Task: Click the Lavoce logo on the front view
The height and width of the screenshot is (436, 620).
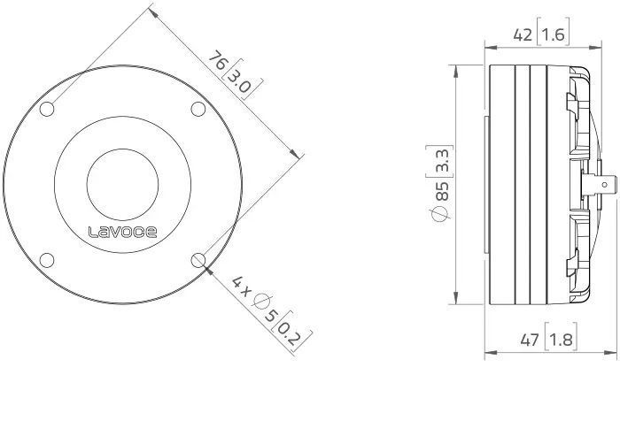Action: pyautogui.click(x=122, y=232)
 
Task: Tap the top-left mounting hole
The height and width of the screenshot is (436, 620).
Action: pyautogui.click(x=47, y=109)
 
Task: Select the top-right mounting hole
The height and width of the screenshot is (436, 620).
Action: pyautogui.click(x=198, y=109)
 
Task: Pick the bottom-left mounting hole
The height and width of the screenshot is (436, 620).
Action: pyautogui.click(x=47, y=260)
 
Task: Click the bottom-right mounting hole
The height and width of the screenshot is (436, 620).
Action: pyautogui.click(x=198, y=260)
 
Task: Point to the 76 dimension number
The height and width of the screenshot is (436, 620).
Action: pyautogui.click(x=219, y=60)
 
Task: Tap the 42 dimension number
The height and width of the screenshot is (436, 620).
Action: pyautogui.click(x=523, y=35)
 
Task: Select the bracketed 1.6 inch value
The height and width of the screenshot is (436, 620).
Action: pyautogui.click(x=553, y=35)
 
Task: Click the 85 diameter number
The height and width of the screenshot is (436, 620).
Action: pyautogui.click(x=442, y=191)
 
